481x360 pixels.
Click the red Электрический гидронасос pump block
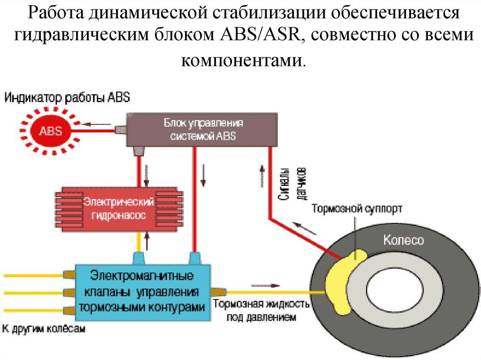click(119, 208)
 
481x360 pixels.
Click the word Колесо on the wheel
click(403, 240)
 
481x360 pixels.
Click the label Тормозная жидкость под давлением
click(261, 310)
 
